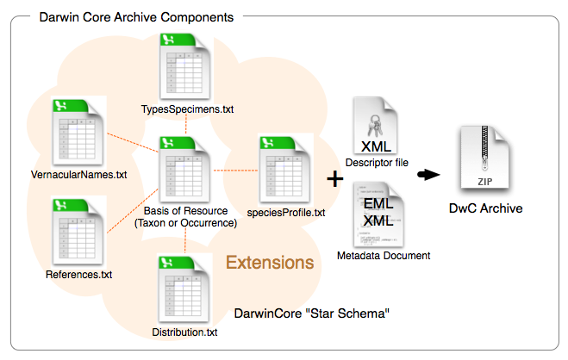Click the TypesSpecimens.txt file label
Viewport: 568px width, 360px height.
pyautogui.click(x=188, y=109)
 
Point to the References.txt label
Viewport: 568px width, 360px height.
pyautogui.click(x=79, y=275)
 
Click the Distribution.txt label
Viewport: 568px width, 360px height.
pyautogui.click(x=185, y=332)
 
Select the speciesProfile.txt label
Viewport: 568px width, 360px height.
pyautogui.click(x=290, y=212)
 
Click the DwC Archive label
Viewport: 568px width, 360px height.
pyautogui.click(x=486, y=208)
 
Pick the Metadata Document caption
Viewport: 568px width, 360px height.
pyautogui.click(x=384, y=256)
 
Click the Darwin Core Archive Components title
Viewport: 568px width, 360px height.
pyautogui.click(x=135, y=17)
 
